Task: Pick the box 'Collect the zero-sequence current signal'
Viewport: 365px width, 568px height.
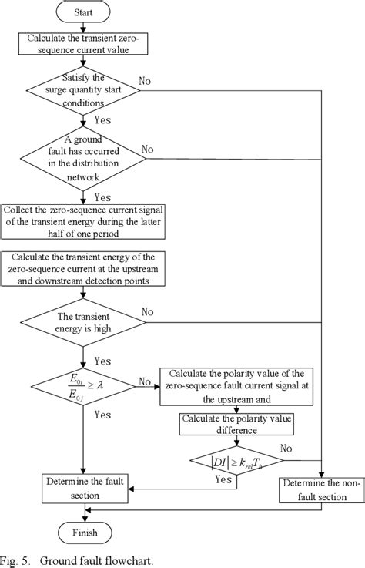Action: click(85, 217)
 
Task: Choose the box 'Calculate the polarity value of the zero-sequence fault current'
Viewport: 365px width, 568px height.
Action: click(236, 389)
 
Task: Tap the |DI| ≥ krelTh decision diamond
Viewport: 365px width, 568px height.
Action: click(236, 462)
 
